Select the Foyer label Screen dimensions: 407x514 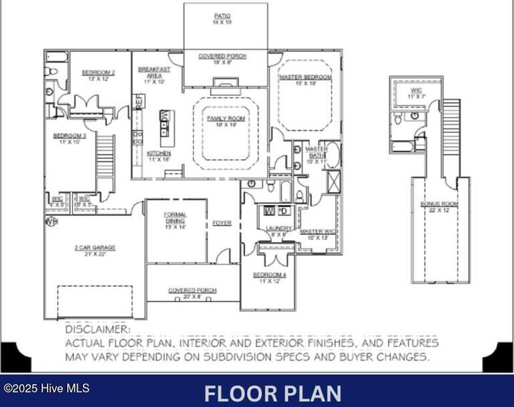[222, 223]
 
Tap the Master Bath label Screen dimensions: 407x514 [316, 156]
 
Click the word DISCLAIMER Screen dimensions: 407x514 [98, 329]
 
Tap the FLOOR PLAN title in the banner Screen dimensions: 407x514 [272, 393]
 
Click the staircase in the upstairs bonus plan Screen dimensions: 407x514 [451, 136]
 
